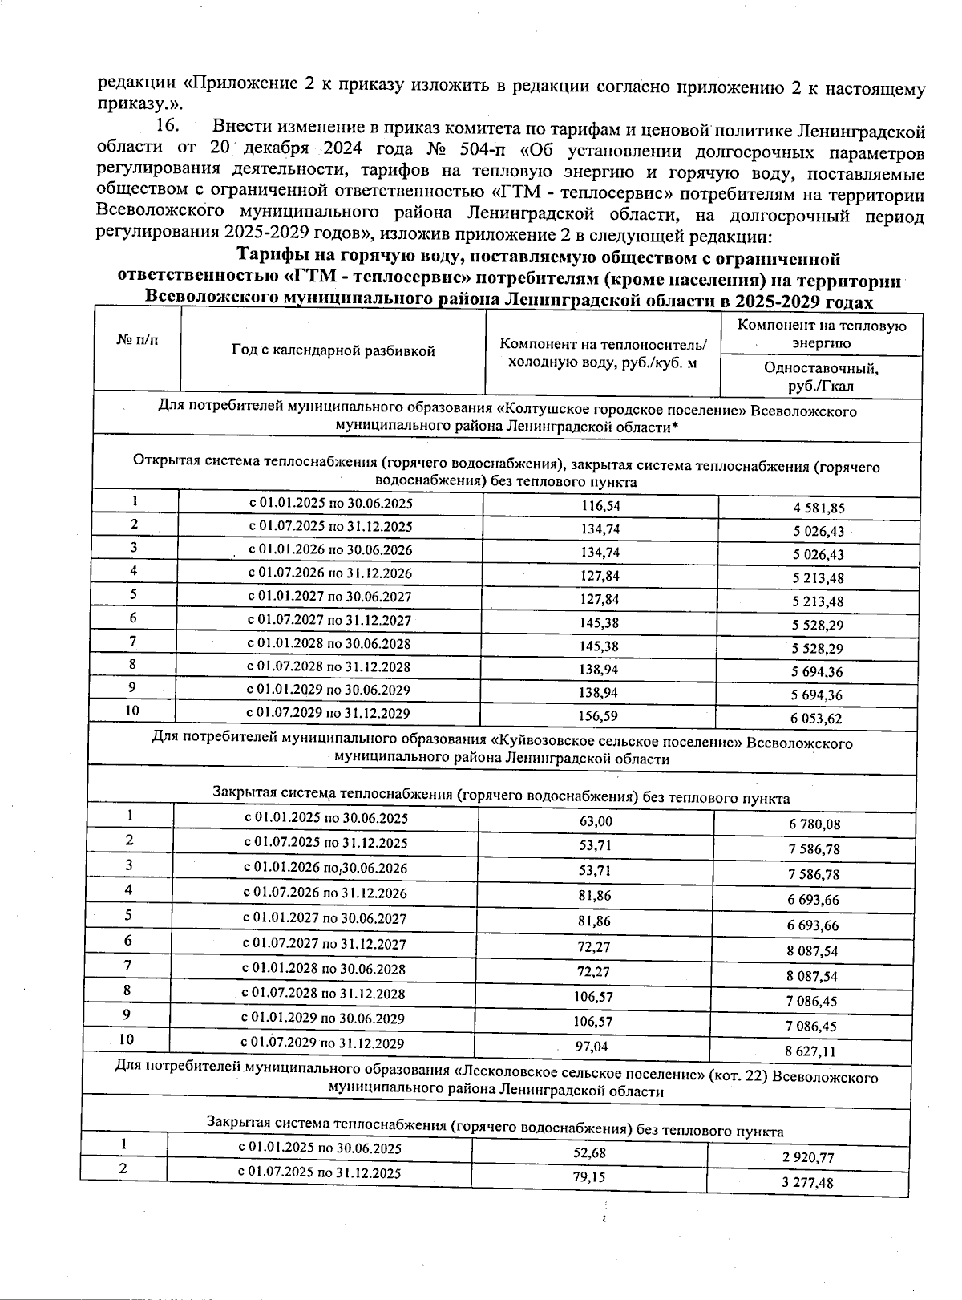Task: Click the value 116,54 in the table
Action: coord(600,506)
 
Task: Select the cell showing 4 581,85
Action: coord(819,508)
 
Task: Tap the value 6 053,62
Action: coord(819,719)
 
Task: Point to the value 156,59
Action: coord(600,715)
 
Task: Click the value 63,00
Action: coord(595,821)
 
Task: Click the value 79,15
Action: coord(588,1176)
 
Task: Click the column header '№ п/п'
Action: coord(137,339)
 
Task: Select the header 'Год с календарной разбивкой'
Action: coord(333,350)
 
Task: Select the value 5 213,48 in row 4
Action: coord(819,578)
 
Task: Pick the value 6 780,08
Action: coord(814,824)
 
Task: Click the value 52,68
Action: coord(589,1152)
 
